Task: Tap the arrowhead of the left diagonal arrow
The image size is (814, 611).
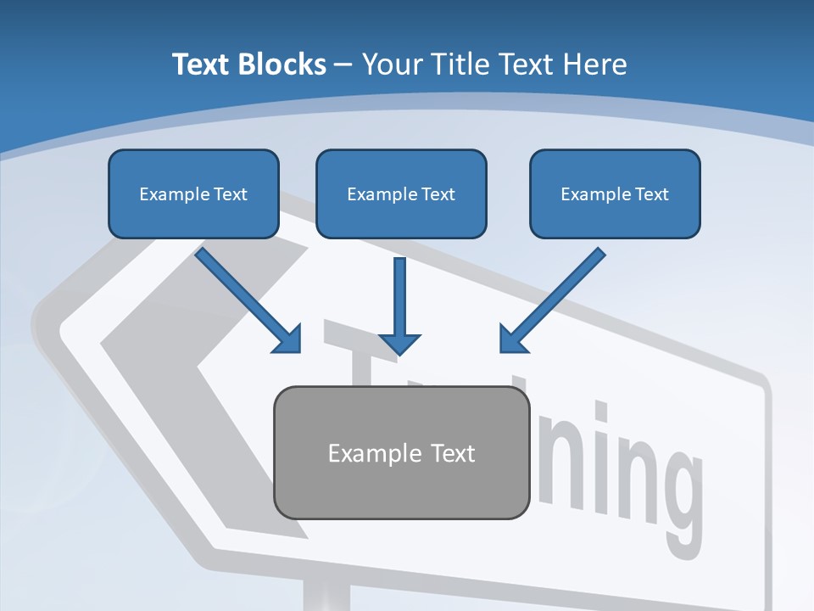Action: [x=289, y=340]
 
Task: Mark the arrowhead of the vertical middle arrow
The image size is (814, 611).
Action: [x=400, y=343]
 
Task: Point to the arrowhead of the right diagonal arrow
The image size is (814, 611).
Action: [x=512, y=339]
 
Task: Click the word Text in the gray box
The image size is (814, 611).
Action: [x=453, y=453]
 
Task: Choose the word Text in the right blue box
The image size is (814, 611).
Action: [x=651, y=194]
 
